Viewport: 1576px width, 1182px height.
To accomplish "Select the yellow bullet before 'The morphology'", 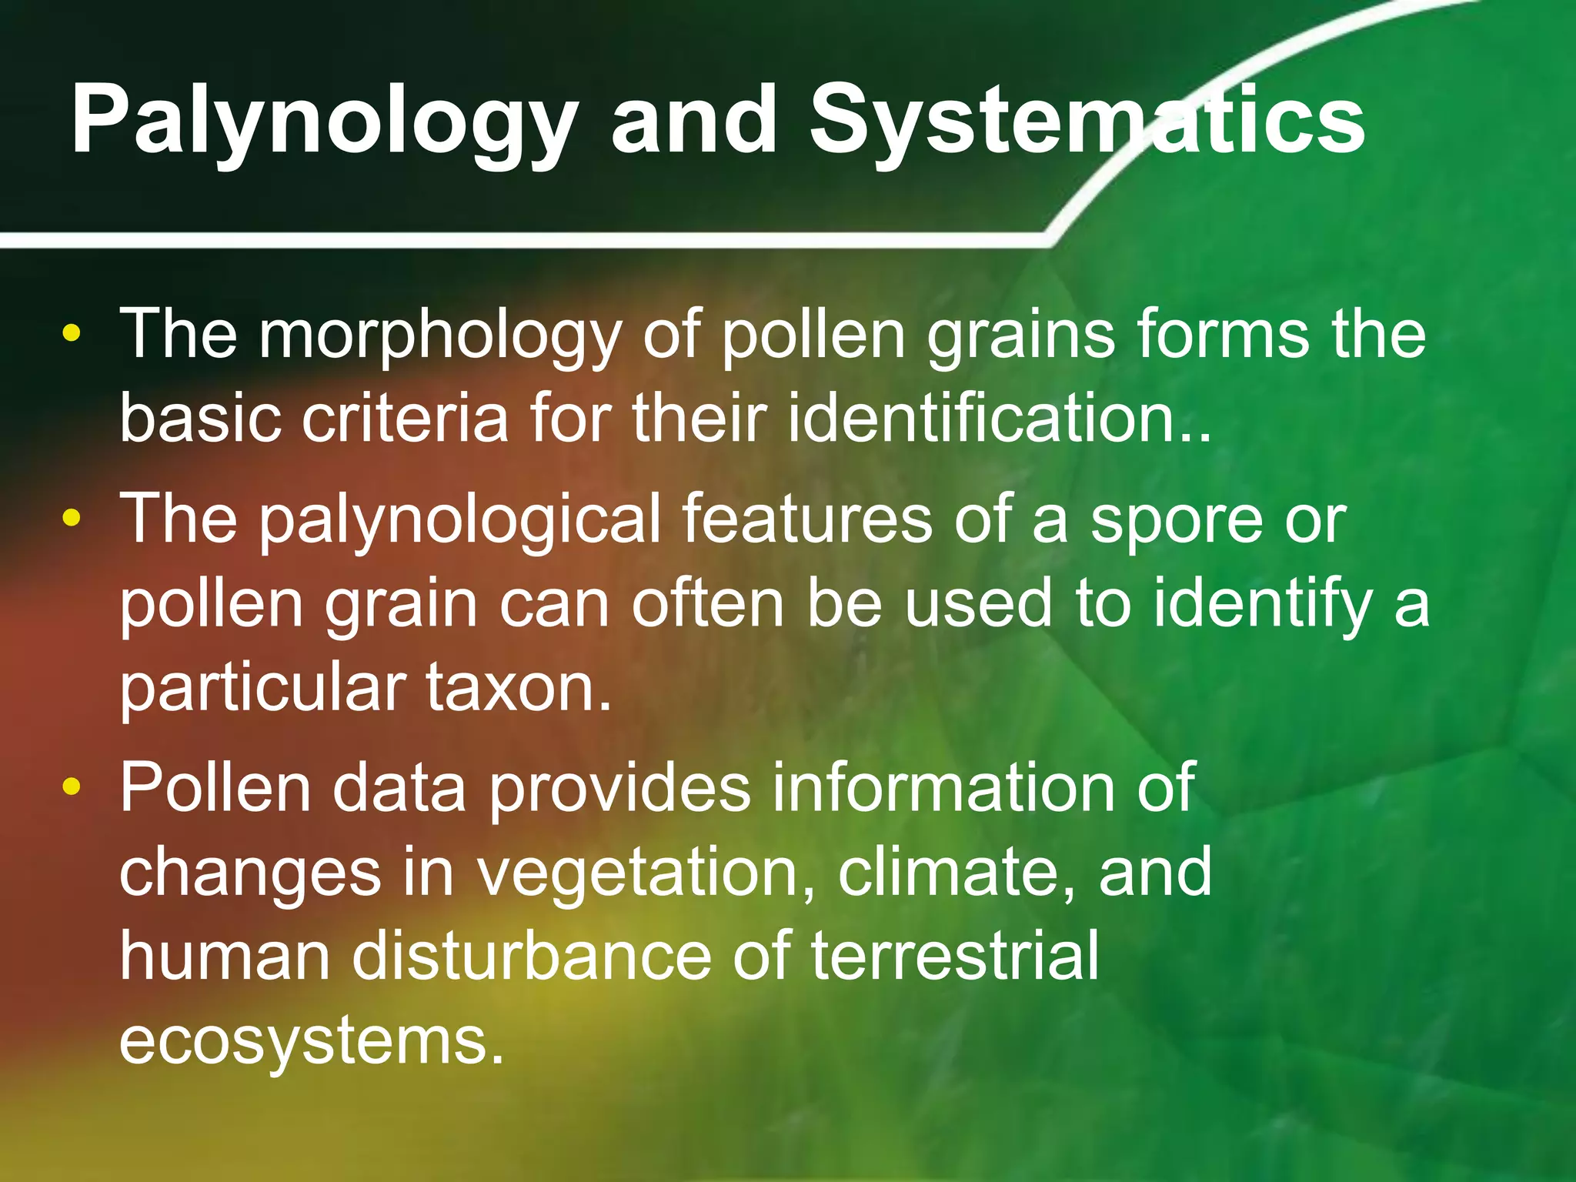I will [72, 333].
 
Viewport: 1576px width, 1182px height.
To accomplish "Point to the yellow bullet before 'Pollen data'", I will [72, 786].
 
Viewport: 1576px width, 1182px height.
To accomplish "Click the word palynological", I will [459, 520].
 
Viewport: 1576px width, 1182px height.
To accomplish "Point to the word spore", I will [1177, 520].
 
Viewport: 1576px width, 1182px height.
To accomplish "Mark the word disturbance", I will [533, 956].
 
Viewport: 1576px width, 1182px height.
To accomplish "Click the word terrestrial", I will [954, 956].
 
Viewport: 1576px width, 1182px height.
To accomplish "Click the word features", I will [806, 520].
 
